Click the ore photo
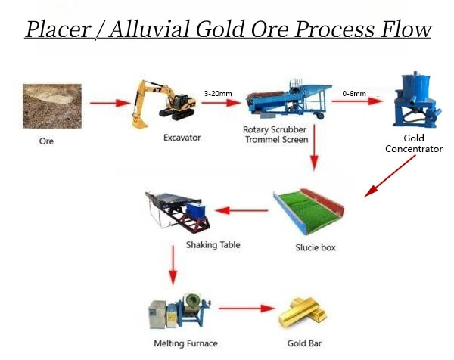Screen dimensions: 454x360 (x=52, y=106)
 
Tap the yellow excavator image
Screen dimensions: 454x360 (x=164, y=104)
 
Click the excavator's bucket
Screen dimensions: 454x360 (x=140, y=122)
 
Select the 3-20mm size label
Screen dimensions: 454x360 (x=218, y=94)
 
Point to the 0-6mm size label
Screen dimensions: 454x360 (x=354, y=94)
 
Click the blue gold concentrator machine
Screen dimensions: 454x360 (x=417, y=99)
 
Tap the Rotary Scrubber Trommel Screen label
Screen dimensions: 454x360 (x=275, y=135)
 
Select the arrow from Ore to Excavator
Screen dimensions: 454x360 (x=110, y=103)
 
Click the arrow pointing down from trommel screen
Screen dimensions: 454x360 (x=314, y=147)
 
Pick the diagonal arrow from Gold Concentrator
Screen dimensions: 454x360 (x=390, y=175)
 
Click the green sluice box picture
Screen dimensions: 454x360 (x=309, y=211)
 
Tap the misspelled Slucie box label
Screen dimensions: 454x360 (x=316, y=247)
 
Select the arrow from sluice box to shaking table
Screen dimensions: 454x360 (x=241, y=210)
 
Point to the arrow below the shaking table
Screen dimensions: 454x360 (x=173, y=265)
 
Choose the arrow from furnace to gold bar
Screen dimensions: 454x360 (x=247, y=309)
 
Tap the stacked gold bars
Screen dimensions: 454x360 (x=303, y=312)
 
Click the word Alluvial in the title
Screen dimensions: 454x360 (x=150, y=29)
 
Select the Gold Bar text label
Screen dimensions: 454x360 (x=304, y=343)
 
